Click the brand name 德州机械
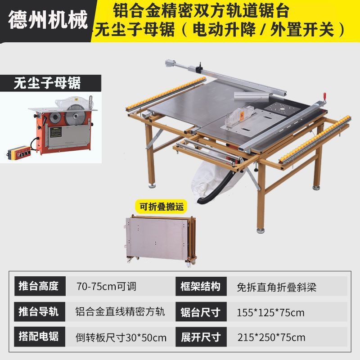pyautogui.click(x=48, y=19)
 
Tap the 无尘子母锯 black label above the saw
pyautogui.click(x=50, y=83)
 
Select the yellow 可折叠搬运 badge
pyautogui.click(x=162, y=207)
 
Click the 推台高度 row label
pyautogui.click(x=40, y=286)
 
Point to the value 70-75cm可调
pyautogui.click(x=106, y=287)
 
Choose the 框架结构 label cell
pyautogui.click(x=201, y=286)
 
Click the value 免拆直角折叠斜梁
pyautogui.click(x=276, y=287)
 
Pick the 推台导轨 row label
pyautogui.click(x=40, y=311)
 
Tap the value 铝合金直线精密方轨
pyautogui.click(x=120, y=312)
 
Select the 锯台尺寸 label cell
pyautogui.click(x=201, y=312)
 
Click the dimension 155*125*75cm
pyautogui.click(x=270, y=313)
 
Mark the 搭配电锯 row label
pyautogui.click(x=40, y=337)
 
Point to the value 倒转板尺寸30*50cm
pyautogui.click(x=121, y=337)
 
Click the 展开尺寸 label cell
pyautogui.click(x=201, y=337)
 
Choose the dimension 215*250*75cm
pyautogui.click(x=271, y=337)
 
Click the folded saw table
pyautogui.click(x=161, y=240)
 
